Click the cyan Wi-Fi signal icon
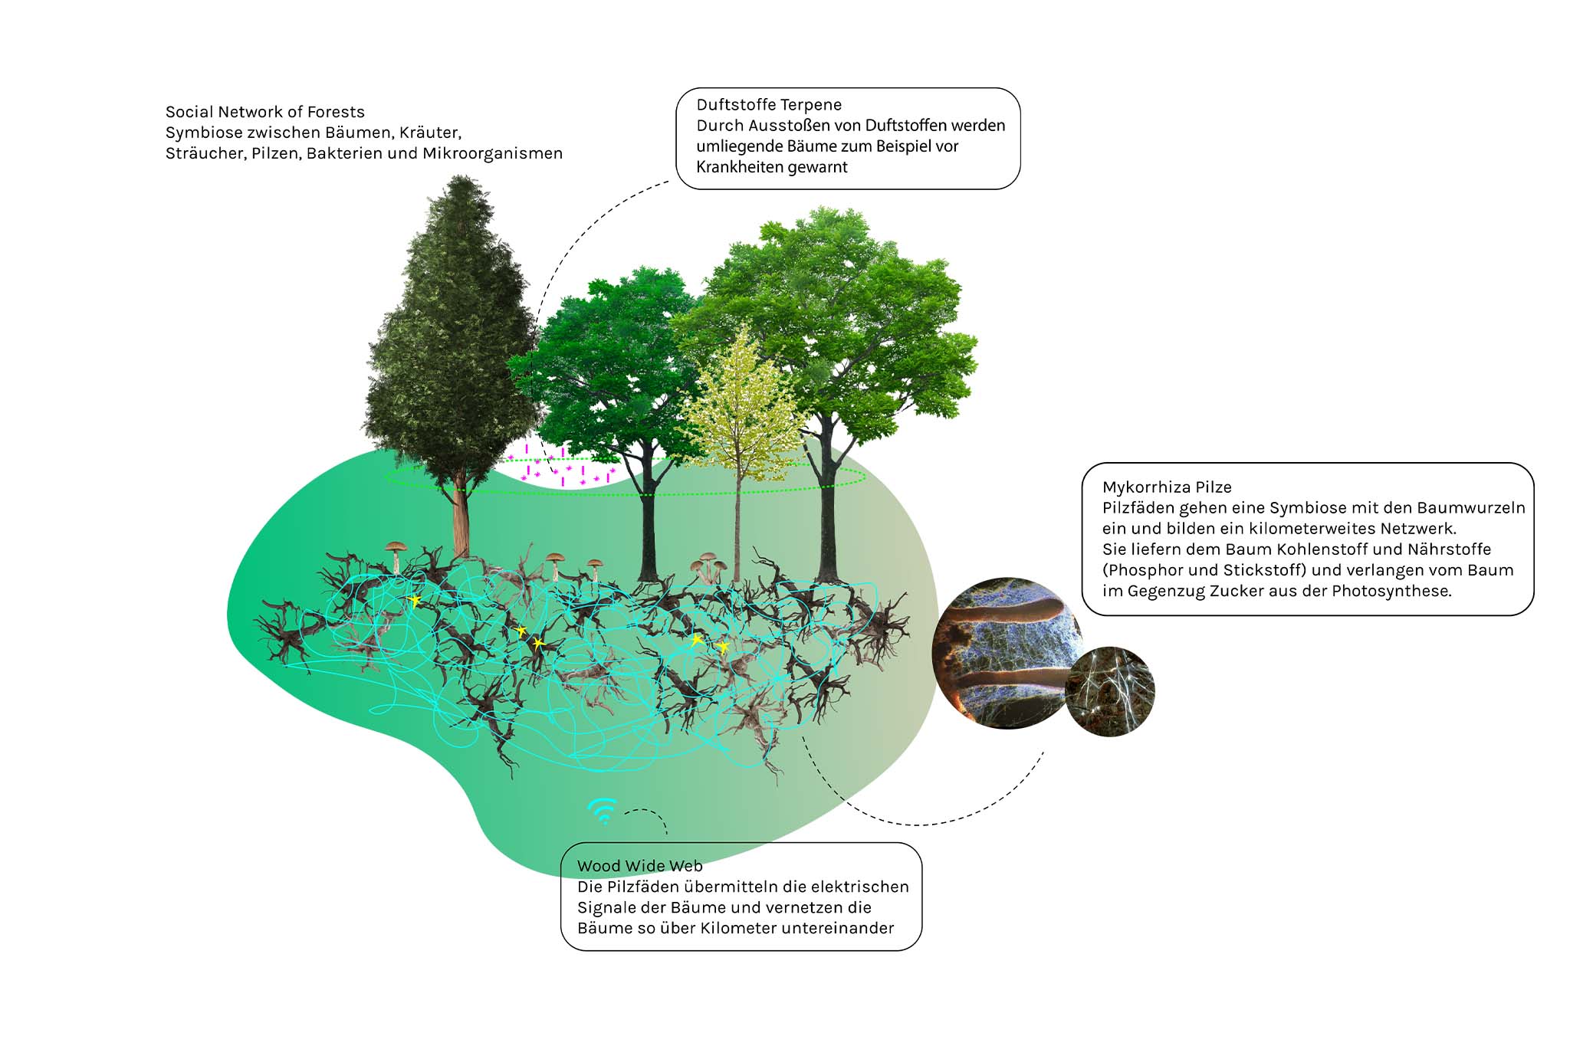pyautogui.click(x=603, y=811)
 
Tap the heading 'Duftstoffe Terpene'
pyautogui.click(x=769, y=105)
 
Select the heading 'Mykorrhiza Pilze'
pyautogui.click(x=1167, y=487)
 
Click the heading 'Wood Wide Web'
pyautogui.click(x=639, y=866)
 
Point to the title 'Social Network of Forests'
pyautogui.click(x=265, y=112)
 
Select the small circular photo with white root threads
pyautogui.click(x=1110, y=692)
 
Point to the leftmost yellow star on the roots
pyautogui.click(x=415, y=601)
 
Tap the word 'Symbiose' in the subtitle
pyautogui.click(x=203, y=133)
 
